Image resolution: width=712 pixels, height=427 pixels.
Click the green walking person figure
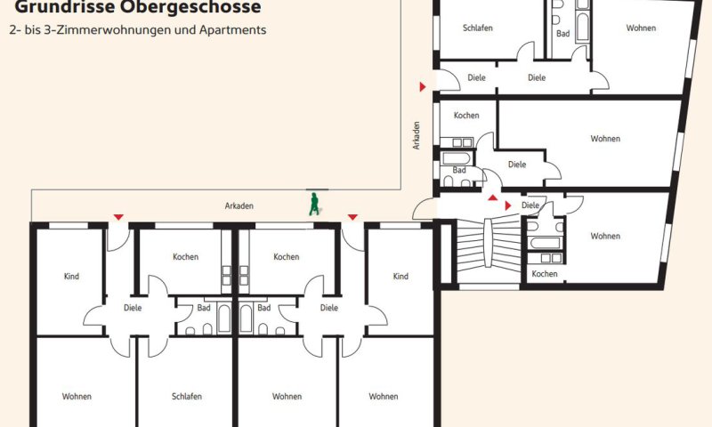pos(314,204)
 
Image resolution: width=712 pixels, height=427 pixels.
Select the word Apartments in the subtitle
pos(232,30)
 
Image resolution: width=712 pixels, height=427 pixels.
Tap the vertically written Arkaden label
pos(416,135)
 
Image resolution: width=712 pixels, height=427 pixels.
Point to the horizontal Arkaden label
pos(239,206)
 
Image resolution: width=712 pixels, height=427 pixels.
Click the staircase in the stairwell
pos(488,243)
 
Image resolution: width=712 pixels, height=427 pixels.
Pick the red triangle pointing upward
pos(493,197)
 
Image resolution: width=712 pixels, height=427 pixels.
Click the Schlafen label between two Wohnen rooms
pos(187,397)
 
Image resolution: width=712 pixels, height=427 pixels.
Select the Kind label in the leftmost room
pos(72,277)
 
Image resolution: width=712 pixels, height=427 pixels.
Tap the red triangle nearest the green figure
pos(352,217)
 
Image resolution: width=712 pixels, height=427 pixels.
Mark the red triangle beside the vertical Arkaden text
pos(423,86)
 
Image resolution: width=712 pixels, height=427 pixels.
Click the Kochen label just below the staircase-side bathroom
pos(545,274)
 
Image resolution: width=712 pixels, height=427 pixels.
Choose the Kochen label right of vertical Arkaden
pos(466,116)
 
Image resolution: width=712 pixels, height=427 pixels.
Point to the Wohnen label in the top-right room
pos(641,28)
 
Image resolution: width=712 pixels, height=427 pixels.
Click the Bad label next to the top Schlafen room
pos(563,34)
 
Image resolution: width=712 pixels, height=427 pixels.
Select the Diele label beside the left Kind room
pos(133,308)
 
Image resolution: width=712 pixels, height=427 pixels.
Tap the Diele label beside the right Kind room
pos(329,308)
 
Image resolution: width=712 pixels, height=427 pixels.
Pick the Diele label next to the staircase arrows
pos(530,205)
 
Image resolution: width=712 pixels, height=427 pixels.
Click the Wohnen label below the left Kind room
pos(77,397)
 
